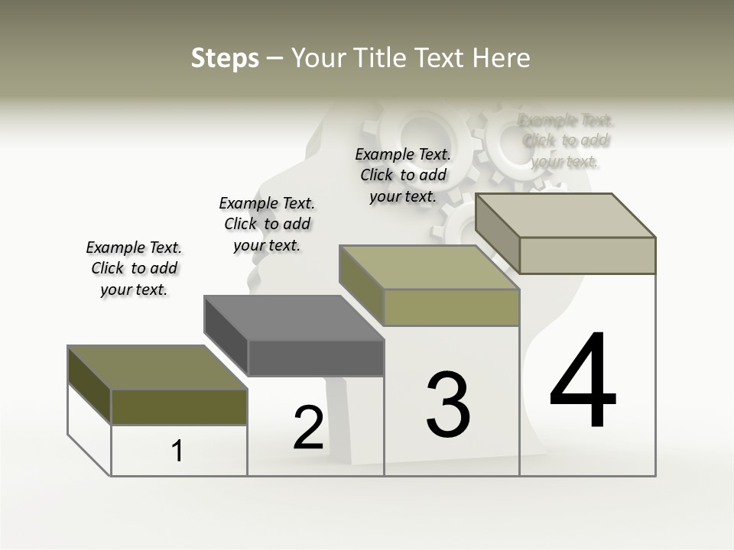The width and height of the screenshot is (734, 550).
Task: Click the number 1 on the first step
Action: pos(177,451)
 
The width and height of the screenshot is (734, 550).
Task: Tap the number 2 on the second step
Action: pos(308,428)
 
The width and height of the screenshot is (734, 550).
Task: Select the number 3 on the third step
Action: pos(448,405)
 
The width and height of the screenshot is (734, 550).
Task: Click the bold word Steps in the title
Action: pos(225,58)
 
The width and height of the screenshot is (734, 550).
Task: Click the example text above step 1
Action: pos(134,268)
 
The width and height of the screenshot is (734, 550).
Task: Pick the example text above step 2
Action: pos(267,224)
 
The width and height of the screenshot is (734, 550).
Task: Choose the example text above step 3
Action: pos(403,175)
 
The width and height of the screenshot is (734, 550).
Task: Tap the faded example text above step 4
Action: pos(566,141)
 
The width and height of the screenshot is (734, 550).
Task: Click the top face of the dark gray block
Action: pos(294,317)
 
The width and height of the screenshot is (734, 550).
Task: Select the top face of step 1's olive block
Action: pos(157,367)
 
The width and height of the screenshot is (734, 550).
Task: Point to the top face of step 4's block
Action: pos(566,215)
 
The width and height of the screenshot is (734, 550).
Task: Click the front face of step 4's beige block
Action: pos(587,255)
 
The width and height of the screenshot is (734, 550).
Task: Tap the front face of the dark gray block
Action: pos(316,357)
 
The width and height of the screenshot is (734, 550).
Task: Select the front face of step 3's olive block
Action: pos(451,307)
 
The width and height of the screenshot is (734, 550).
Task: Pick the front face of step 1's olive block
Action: pos(179,406)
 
